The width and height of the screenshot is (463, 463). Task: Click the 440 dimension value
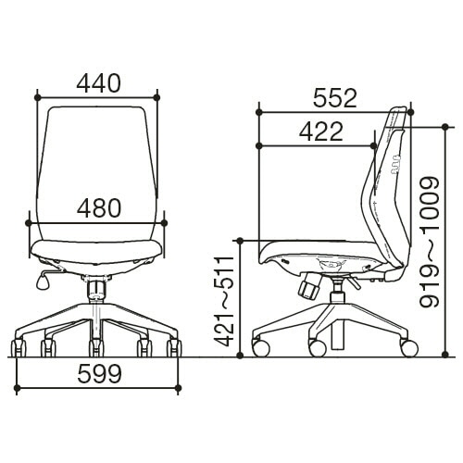click(98, 83)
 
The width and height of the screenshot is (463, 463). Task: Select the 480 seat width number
click(99, 207)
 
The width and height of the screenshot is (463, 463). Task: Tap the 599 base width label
click(99, 373)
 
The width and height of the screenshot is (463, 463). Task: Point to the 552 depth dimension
click(335, 98)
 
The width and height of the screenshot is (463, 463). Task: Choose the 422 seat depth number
click(321, 131)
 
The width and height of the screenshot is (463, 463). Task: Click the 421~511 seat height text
click(224, 301)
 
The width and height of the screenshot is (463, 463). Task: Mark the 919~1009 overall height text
click(430, 242)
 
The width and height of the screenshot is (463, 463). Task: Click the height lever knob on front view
click(42, 282)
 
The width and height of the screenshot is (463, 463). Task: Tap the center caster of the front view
click(96, 348)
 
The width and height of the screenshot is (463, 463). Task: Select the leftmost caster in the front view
click(19, 348)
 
